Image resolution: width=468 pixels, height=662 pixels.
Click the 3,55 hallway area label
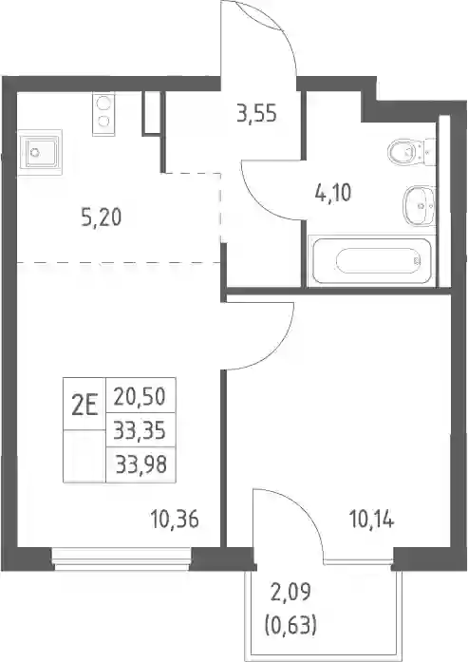[x=256, y=114]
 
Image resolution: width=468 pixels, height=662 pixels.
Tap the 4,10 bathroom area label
[x=333, y=194]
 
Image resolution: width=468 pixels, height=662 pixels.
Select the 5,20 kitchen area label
[x=102, y=218]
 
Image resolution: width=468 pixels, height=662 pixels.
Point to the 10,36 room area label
[x=175, y=520]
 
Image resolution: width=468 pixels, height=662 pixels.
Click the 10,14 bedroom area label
[x=371, y=520]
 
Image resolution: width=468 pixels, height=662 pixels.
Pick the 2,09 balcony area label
[x=290, y=593]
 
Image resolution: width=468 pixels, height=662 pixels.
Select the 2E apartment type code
[x=84, y=407]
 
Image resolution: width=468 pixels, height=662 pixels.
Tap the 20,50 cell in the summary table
[x=140, y=396]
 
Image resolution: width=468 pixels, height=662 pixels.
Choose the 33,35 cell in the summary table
[x=140, y=431]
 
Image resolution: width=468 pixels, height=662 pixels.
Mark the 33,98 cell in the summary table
[x=141, y=464]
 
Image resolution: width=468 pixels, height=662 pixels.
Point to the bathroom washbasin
[x=419, y=206]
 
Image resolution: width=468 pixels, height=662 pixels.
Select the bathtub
[x=372, y=261]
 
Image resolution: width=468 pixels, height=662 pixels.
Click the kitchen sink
[x=40, y=152]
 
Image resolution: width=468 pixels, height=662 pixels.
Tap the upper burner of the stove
[x=103, y=103]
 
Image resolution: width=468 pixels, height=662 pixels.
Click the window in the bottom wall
[x=122, y=559]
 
